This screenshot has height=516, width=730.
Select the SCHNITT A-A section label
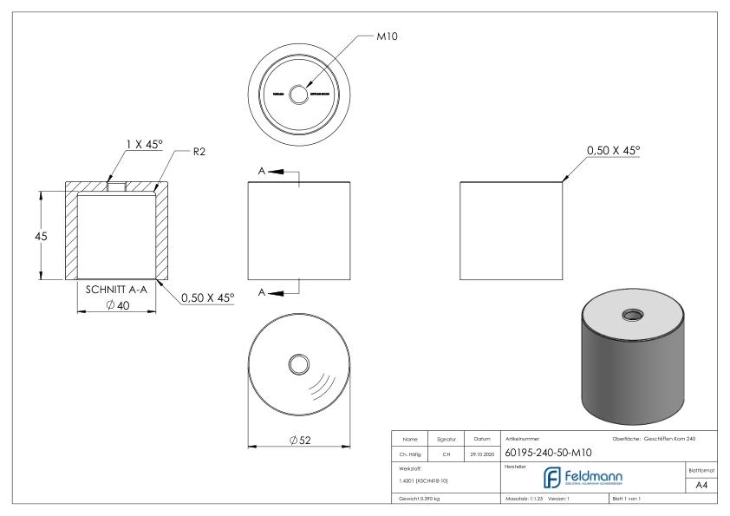click(114, 290)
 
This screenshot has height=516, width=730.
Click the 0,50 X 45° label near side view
click(612, 150)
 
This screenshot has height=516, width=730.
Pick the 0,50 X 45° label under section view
click(208, 297)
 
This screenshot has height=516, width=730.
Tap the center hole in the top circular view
click(299, 93)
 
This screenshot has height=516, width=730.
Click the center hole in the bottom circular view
click(300, 362)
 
